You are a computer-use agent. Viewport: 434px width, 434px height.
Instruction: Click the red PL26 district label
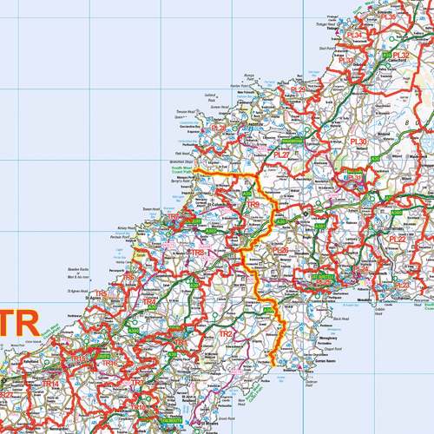(x=279, y=251)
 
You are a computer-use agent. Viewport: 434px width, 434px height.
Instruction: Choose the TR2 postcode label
(x=226, y=333)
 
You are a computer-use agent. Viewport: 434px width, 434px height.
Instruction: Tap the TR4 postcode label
(x=149, y=303)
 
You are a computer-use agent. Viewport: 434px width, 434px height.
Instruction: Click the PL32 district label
(x=401, y=55)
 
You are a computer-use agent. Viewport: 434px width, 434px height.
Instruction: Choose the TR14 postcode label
(x=51, y=383)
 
